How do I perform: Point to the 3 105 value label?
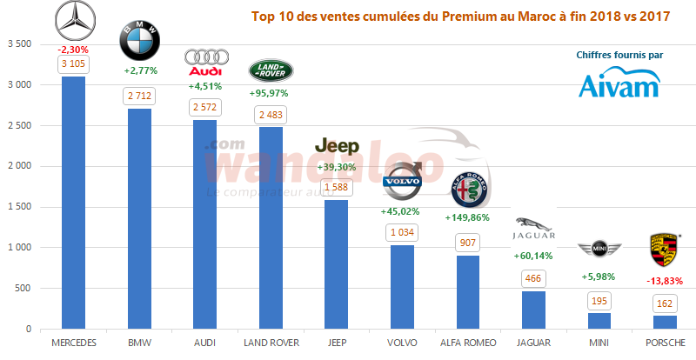tap(74, 64)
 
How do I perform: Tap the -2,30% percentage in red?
tap(74, 50)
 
